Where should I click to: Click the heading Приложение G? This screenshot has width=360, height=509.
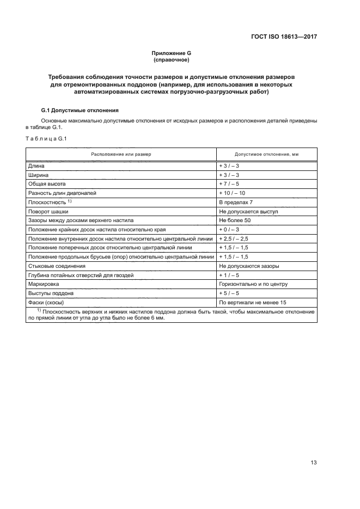click(171, 53)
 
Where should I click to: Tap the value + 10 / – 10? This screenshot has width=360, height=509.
click(232, 193)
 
